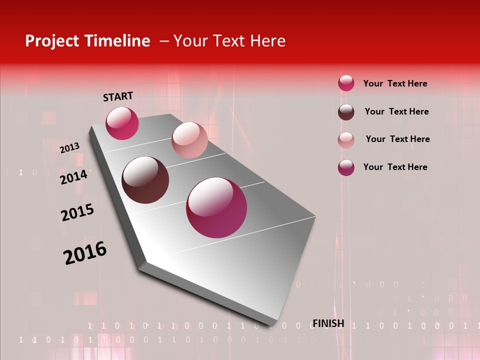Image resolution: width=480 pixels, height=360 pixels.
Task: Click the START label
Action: [118, 96]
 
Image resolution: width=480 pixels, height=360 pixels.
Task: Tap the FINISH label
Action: [328, 323]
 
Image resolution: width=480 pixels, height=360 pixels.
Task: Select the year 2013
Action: [69, 148]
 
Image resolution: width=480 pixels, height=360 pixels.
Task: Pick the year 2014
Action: [73, 177]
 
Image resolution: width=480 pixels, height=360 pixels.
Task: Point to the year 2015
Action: [77, 212]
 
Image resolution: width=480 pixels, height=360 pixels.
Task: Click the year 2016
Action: [85, 253]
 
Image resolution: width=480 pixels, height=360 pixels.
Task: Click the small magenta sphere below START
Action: [122, 123]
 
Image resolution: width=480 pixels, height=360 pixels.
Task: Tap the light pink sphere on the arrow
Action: [189, 140]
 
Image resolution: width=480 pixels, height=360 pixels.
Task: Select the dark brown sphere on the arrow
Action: [145, 180]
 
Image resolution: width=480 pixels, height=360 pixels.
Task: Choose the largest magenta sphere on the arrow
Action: [216, 207]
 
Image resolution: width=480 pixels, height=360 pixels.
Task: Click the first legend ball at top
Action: [346, 83]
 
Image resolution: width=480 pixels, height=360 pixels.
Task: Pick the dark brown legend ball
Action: [346, 112]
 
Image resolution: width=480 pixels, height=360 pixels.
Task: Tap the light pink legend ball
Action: [346, 140]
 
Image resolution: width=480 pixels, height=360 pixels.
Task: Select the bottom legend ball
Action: [346, 167]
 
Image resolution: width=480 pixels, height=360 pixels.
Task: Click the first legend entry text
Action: [395, 83]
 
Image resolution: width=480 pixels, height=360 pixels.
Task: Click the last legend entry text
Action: [395, 167]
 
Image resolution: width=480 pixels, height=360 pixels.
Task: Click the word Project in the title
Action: [51, 41]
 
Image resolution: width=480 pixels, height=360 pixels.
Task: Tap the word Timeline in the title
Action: [118, 41]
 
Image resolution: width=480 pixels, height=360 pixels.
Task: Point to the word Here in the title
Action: [267, 41]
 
